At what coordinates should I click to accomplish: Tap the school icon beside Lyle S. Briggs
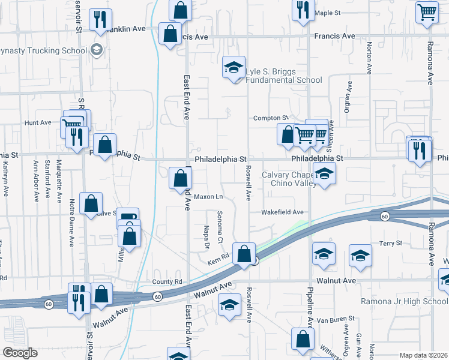point(234,67)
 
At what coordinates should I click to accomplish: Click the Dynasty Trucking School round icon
point(95,50)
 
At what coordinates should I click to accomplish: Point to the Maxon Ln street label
point(208,196)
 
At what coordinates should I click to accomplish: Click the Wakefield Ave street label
point(282,212)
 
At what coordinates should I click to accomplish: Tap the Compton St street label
point(271,118)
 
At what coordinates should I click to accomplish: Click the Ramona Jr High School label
point(404,301)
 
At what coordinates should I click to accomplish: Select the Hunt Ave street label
point(38,122)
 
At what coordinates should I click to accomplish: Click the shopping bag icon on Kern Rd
point(244,254)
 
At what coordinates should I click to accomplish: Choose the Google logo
point(19,353)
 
